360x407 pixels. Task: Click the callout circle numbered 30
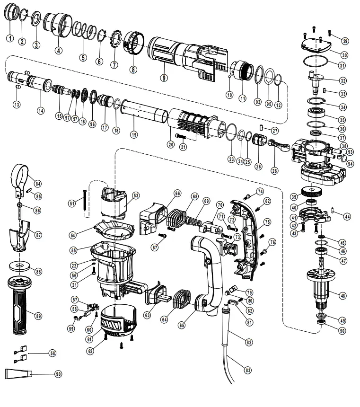pos(344,54)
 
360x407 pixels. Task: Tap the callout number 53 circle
pos(136,195)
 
